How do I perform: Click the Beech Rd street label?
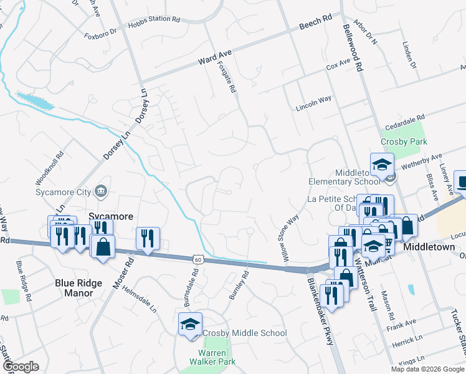point(315,23)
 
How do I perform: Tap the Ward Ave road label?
point(211,60)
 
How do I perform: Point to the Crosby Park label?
point(406,141)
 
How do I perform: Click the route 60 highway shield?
point(197,258)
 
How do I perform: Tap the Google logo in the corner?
point(21,367)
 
